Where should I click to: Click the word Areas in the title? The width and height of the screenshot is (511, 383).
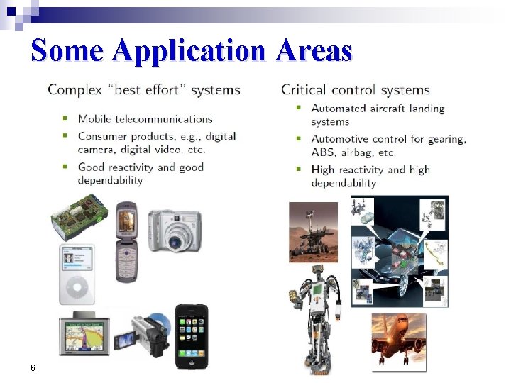[x=314, y=51]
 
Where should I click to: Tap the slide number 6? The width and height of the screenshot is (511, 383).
[x=33, y=367]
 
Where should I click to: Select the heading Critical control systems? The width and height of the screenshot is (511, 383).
[x=356, y=90]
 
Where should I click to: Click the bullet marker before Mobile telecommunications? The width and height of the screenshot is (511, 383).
[x=66, y=118]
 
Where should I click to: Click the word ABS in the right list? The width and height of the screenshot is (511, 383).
[x=323, y=152]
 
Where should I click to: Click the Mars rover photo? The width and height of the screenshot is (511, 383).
[x=314, y=233]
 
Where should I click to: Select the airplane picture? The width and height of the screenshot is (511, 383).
[x=399, y=342]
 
